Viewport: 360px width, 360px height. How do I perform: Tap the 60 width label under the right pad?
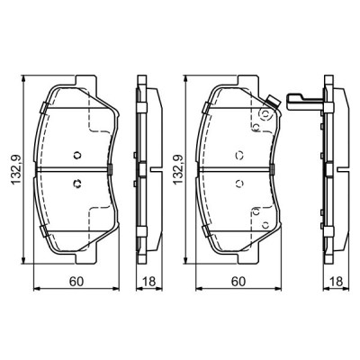coord(237,282)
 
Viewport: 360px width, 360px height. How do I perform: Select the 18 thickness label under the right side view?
coord(335,282)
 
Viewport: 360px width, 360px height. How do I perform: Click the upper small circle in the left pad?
coord(77,150)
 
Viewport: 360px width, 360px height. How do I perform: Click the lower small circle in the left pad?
coord(77,185)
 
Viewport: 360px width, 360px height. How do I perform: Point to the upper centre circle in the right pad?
coord(238,150)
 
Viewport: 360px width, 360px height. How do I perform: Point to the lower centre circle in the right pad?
coord(238,185)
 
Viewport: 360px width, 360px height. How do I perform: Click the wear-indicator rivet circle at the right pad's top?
coord(263,114)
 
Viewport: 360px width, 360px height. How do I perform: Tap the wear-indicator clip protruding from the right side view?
coord(298,102)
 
